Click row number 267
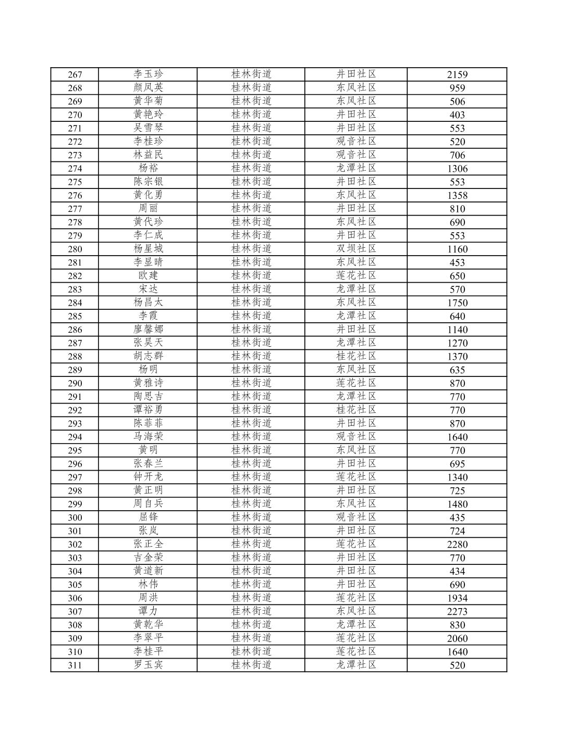pyautogui.click(x=75, y=74)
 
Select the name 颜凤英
pyautogui.click(x=148, y=87)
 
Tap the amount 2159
pyautogui.click(x=457, y=74)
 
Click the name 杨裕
pyautogui.click(x=148, y=168)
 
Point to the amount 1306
pyautogui.click(x=457, y=169)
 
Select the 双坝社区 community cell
pyautogui.click(x=356, y=249)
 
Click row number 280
pyautogui.click(x=75, y=249)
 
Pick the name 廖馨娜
pyautogui.click(x=148, y=329)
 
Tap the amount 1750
pyautogui.click(x=457, y=302)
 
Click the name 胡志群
pyautogui.click(x=148, y=356)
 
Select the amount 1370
pyautogui.click(x=457, y=357)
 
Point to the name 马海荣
pyautogui.click(x=148, y=437)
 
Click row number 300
pyautogui.click(x=75, y=518)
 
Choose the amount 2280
pyautogui.click(x=457, y=545)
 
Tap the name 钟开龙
pyautogui.click(x=148, y=477)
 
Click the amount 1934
pyautogui.click(x=457, y=598)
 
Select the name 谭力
pyautogui.click(x=148, y=611)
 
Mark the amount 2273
pyautogui.click(x=457, y=612)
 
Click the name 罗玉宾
pyautogui.click(x=148, y=665)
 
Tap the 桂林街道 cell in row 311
pyautogui.click(x=251, y=665)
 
